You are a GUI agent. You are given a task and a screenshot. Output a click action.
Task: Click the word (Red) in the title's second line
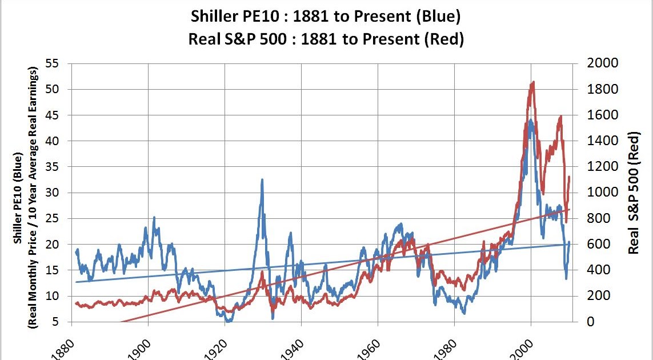(444, 40)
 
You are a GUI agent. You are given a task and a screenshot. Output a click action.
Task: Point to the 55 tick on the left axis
(52, 63)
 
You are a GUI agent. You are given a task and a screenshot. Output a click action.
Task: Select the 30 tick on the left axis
(52, 193)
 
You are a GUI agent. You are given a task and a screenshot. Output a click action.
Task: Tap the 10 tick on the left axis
(52, 296)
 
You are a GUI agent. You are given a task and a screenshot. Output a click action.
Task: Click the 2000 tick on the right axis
(603, 63)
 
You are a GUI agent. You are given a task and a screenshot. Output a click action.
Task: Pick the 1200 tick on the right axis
(603, 167)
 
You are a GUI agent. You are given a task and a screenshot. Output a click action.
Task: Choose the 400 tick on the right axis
(600, 270)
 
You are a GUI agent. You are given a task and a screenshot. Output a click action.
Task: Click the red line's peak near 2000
(532, 82)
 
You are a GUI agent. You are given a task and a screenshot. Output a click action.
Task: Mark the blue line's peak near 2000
(531, 120)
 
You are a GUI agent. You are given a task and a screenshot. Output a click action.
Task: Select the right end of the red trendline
(569, 209)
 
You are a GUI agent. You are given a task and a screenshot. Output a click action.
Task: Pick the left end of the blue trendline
(76, 282)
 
